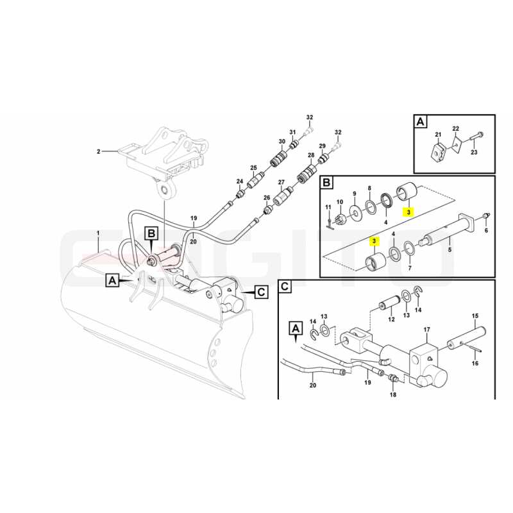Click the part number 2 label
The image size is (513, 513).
(x=98, y=151)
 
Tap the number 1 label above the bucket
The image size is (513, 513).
(x=98, y=233)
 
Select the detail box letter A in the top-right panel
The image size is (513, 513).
(x=421, y=122)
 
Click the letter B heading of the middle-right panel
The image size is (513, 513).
(x=326, y=182)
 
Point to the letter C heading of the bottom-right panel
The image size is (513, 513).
(x=285, y=287)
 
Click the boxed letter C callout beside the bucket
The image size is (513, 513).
(x=261, y=292)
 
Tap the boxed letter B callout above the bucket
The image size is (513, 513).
(x=151, y=233)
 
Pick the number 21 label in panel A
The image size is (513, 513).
(x=438, y=135)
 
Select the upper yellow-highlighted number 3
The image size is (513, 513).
(x=408, y=212)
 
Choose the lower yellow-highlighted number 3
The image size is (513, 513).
(x=374, y=242)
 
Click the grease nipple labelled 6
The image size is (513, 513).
(x=486, y=216)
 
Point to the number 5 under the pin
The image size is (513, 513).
(x=450, y=249)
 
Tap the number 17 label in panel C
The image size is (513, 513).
(x=427, y=330)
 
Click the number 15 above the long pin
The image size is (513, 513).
(x=475, y=315)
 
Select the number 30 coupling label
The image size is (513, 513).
(x=282, y=141)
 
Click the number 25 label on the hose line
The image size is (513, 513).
(x=254, y=168)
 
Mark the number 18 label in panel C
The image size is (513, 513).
(x=393, y=394)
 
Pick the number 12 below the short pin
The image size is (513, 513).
(x=392, y=319)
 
